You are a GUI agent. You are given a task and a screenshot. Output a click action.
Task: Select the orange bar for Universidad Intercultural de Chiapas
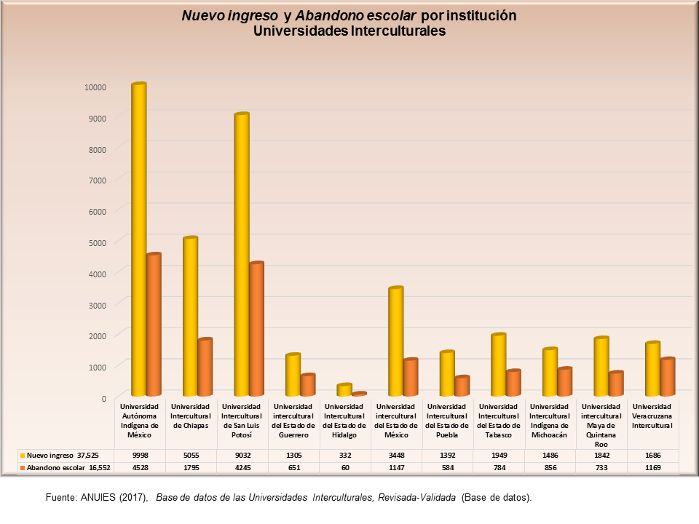[205, 367]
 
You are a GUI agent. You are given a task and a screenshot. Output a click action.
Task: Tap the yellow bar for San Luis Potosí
[241, 254]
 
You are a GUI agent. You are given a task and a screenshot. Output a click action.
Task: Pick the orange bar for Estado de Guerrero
[307, 385]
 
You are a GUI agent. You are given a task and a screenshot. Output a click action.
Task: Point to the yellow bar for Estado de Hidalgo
[344, 390]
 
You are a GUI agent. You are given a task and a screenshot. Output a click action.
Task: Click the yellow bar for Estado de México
[395, 341]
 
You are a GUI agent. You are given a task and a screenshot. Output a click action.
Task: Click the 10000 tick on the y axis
[95, 87]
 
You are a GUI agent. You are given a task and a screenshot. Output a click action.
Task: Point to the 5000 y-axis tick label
[98, 242]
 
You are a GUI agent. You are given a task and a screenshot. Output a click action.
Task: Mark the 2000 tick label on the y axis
[98, 336]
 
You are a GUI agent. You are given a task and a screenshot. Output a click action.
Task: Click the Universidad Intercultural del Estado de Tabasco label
[499, 421]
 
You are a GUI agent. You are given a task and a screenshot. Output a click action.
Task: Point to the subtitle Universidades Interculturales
[349, 31]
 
